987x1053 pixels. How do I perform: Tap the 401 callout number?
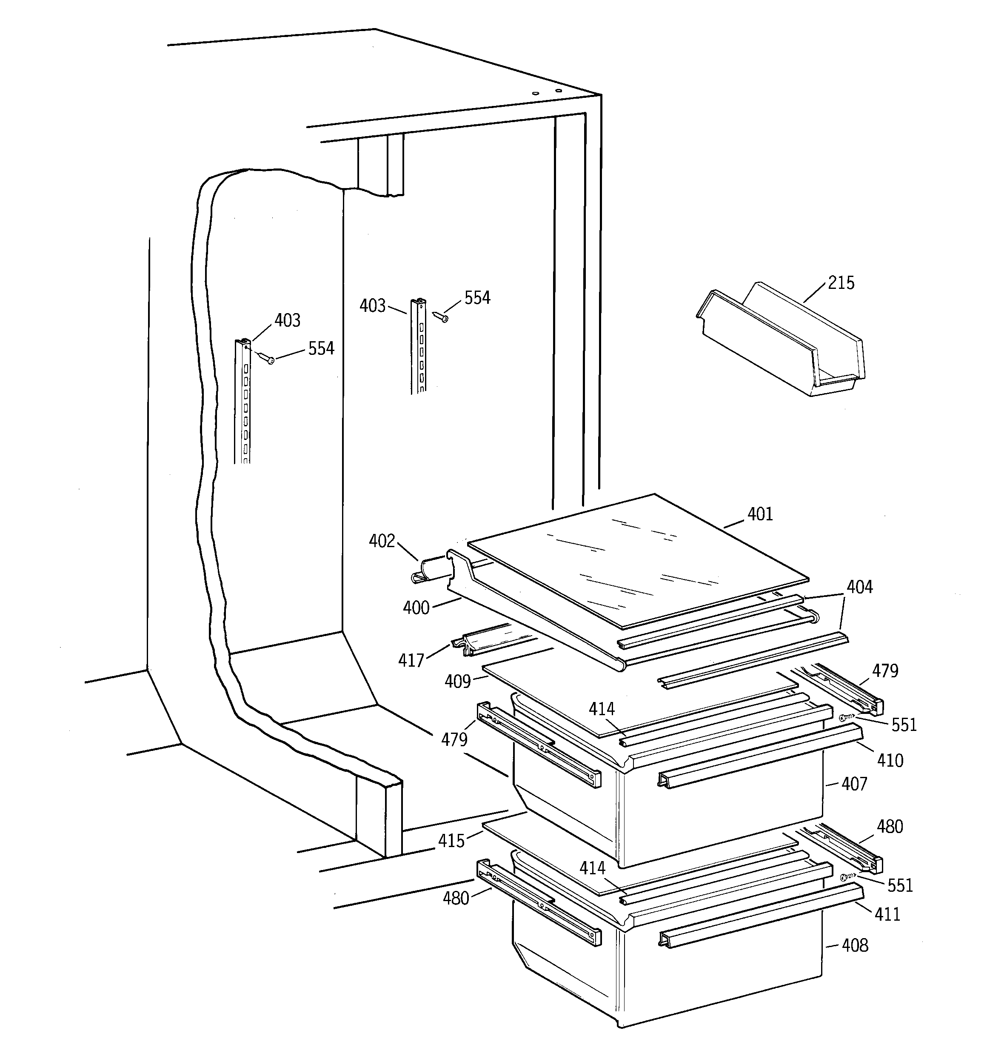click(760, 514)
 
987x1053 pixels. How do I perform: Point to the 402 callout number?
click(382, 541)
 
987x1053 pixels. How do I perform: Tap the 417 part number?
click(411, 660)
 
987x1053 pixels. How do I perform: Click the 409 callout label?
click(458, 682)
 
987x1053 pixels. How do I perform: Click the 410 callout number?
click(890, 761)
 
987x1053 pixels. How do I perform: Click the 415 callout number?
click(451, 841)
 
